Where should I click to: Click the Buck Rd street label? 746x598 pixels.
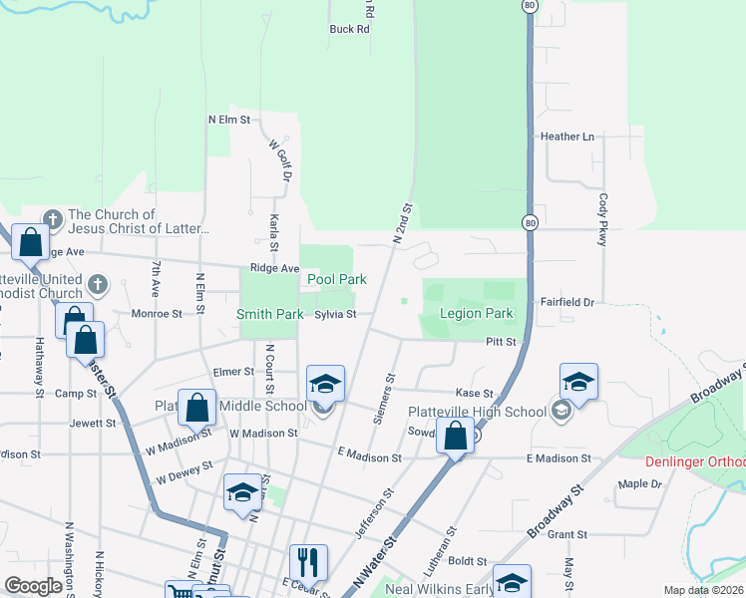click(349, 29)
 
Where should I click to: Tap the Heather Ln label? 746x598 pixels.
click(566, 137)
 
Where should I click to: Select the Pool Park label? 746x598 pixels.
click(336, 280)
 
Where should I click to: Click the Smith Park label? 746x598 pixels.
click(269, 314)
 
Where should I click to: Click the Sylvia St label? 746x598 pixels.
click(336, 314)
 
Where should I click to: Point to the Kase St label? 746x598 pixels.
click(475, 394)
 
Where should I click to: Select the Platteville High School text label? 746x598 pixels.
click(477, 412)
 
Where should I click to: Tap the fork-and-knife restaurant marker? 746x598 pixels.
click(308, 562)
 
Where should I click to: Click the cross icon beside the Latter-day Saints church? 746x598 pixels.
click(53, 219)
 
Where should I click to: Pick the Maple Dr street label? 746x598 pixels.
click(639, 484)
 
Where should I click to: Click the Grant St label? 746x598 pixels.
click(566, 535)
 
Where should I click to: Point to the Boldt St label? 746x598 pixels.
click(468, 562)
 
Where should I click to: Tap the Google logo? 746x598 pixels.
click(33, 586)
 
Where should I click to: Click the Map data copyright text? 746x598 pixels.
click(703, 590)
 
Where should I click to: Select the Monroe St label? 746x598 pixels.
click(157, 313)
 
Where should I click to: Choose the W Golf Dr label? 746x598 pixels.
click(277, 160)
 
